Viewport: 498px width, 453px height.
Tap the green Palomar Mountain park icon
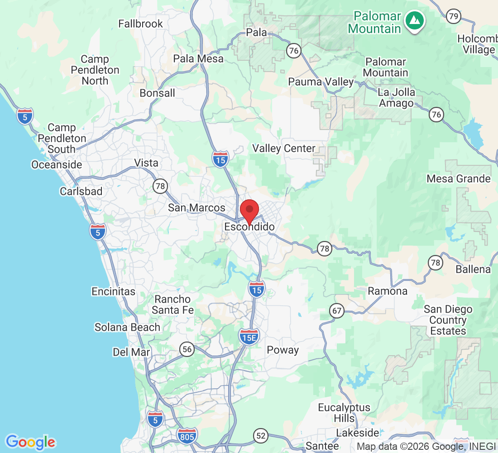point(414,21)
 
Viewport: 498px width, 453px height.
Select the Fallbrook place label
point(140,24)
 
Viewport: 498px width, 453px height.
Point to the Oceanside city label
point(57,164)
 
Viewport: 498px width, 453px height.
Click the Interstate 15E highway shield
point(249,336)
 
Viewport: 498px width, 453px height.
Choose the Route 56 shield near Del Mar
point(187,349)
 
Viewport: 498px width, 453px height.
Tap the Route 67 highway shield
point(337,311)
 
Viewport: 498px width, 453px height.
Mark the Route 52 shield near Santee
point(261,436)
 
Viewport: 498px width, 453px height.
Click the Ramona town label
point(388,291)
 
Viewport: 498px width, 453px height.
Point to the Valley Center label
point(284,148)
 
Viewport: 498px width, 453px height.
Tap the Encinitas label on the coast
point(113,291)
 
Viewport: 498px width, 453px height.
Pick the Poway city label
point(283,350)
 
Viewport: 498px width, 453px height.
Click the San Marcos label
point(196,208)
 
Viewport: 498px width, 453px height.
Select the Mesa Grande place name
point(459,178)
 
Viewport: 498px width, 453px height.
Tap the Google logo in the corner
point(30,442)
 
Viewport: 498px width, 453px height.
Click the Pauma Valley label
point(321,82)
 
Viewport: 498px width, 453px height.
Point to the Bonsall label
point(157,93)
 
